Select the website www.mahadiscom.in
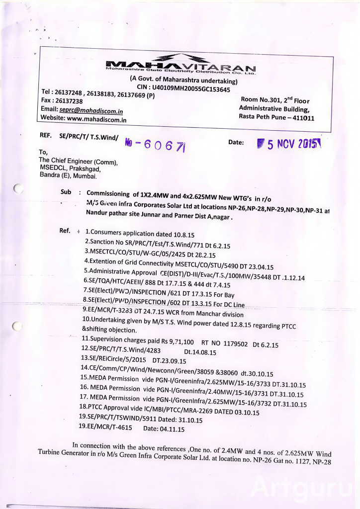click(96, 119)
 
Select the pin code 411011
click(301, 118)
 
